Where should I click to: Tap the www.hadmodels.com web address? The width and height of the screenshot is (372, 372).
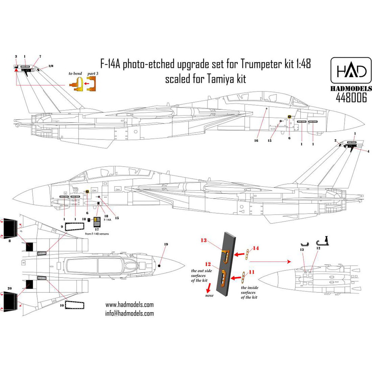click(x=127, y=305)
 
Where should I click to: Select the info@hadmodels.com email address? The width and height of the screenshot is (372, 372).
click(x=127, y=313)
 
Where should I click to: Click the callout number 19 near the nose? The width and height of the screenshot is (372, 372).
click(x=166, y=244)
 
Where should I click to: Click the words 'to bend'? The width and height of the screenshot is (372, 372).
click(x=75, y=74)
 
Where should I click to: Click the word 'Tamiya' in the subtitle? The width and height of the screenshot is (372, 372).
click(x=220, y=79)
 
